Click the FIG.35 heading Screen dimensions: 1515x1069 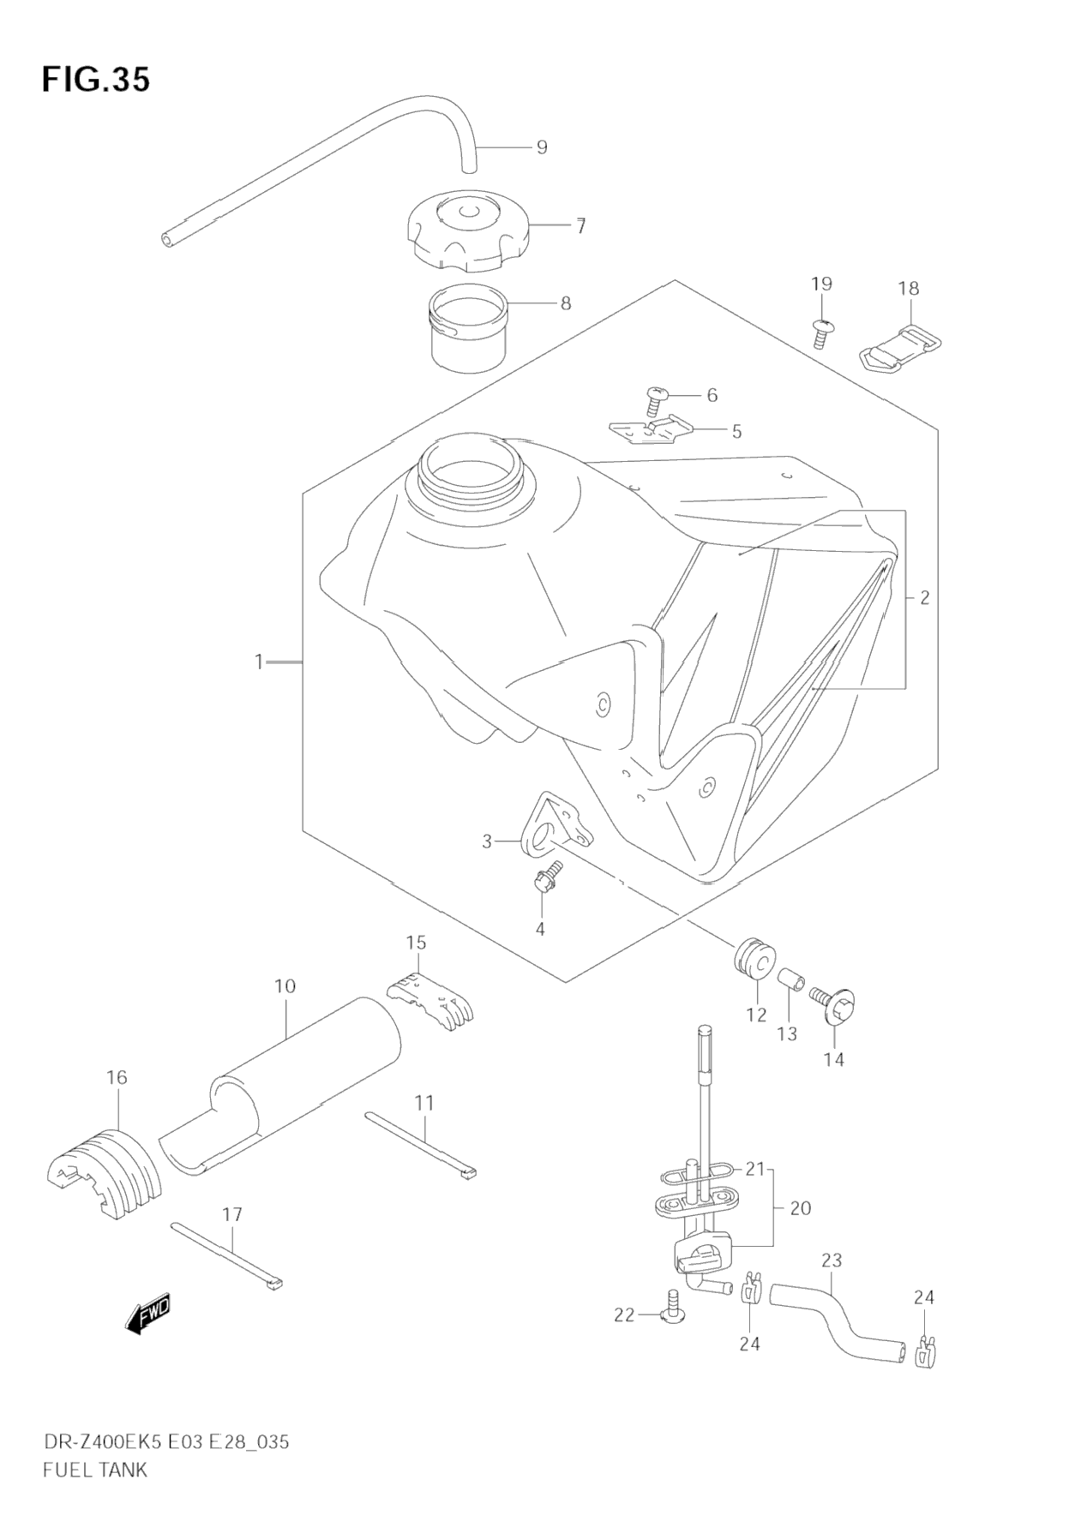tap(96, 80)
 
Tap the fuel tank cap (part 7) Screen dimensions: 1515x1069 tap(467, 227)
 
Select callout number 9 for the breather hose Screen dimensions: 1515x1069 tap(542, 147)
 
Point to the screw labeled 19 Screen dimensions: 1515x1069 tap(822, 332)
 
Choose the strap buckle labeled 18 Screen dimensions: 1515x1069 tap(899, 350)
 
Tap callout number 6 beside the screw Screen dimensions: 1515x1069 tap(712, 395)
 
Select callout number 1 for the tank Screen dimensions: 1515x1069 tap(258, 662)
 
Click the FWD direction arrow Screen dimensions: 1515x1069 tap(147, 1313)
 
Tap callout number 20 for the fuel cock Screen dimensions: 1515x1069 tap(800, 1208)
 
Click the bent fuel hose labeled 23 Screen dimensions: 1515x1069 tap(836, 1320)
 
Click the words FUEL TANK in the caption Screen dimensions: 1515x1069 tap(95, 1470)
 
